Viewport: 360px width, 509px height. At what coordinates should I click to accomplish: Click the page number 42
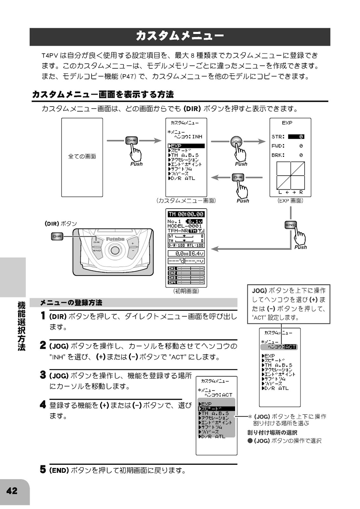tap(12, 491)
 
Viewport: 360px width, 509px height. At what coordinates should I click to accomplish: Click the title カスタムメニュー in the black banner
tap(180, 36)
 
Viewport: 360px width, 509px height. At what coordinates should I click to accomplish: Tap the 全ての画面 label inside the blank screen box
tap(82, 157)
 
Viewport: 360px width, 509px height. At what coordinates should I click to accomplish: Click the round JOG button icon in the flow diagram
tap(236, 142)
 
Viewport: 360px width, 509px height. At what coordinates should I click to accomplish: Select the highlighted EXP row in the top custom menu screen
tap(186, 146)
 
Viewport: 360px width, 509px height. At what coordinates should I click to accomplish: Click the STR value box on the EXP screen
tap(296, 137)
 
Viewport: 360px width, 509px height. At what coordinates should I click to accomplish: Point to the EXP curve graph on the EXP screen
tap(290, 176)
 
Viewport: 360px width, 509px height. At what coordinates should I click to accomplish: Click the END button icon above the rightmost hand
tap(291, 225)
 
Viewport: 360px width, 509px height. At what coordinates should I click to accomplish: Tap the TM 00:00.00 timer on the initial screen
tap(186, 214)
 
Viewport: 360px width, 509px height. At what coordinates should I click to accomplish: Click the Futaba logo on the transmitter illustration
tap(115, 239)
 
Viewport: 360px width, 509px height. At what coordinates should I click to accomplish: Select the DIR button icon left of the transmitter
tap(57, 236)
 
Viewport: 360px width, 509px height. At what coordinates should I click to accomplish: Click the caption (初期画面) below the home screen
tap(186, 291)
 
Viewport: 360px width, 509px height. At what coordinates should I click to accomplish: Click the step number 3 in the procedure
tap(43, 375)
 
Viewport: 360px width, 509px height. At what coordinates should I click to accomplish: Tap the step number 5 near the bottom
tap(43, 470)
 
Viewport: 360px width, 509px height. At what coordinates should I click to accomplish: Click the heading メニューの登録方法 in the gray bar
tap(71, 303)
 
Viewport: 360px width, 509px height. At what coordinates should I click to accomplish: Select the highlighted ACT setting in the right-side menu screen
tap(290, 347)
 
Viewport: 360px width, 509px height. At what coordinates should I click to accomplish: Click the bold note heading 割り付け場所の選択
tap(272, 433)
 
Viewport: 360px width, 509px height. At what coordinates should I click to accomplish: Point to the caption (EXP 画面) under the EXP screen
tap(290, 201)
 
